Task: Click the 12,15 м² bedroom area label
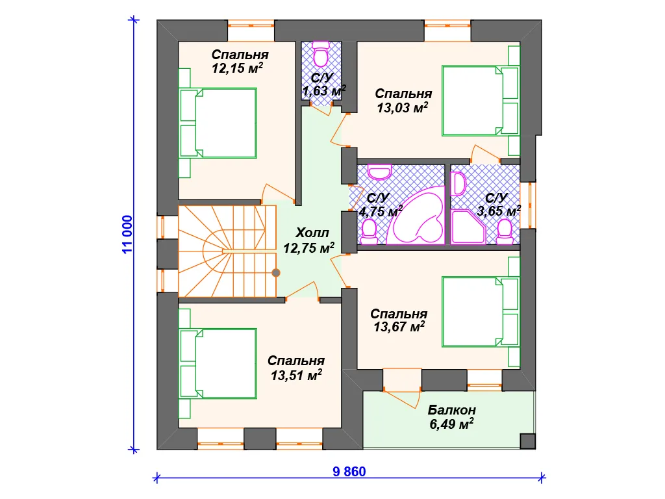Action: [x=238, y=68]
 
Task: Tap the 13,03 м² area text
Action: [x=403, y=107]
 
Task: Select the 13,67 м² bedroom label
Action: [x=399, y=327]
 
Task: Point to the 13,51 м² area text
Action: [x=296, y=375]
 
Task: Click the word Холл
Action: [x=312, y=233]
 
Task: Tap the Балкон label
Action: [x=452, y=410]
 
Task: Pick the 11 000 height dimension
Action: [x=127, y=234]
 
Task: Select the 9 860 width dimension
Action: [x=349, y=472]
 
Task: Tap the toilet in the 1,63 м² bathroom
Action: [x=320, y=55]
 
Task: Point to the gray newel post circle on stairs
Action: [x=275, y=273]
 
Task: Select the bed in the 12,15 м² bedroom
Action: [x=218, y=123]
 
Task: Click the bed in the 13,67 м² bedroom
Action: [x=481, y=312]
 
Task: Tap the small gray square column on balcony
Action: [x=527, y=441]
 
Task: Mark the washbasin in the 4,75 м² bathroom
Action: [x=379, y=172]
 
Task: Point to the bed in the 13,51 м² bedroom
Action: [x=218, y=364]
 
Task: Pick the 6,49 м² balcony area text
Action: [x=452, y=424]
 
